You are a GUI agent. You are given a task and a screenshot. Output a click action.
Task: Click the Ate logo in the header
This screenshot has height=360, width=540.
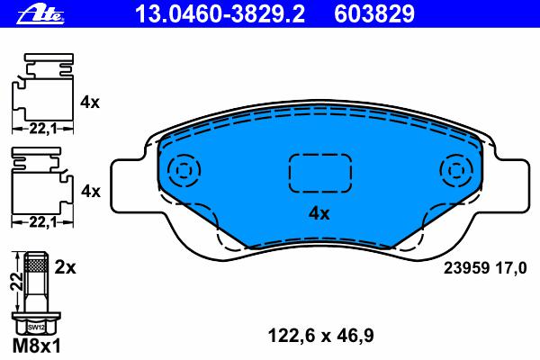pyautogui.click(x=40, y=15)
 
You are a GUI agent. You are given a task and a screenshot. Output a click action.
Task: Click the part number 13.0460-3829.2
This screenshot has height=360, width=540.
pyautogui.click(x=220, y=14)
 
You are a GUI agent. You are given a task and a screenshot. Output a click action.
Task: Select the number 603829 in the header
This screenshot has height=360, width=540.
pyautogui.click(x=374, y=14)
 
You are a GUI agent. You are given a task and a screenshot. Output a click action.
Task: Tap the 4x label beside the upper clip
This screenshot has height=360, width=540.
pyautogui.click(x=90, y=103)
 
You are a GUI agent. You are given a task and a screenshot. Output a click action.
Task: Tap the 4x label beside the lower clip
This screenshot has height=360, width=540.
pyautogui.click(x=91, y=191)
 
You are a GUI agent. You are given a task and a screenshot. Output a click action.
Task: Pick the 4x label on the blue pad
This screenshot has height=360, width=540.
pyautogui.click(x=319, y=213)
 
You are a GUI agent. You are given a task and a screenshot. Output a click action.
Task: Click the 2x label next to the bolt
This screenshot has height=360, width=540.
pyautogui.click(x=65, y=267)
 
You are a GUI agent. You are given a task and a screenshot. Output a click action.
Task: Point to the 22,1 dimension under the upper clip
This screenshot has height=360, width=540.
pyautogui.click(x=42, y=130)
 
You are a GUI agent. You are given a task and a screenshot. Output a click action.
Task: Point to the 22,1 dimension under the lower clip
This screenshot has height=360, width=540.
pyautogui.click(x=42, y=222)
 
